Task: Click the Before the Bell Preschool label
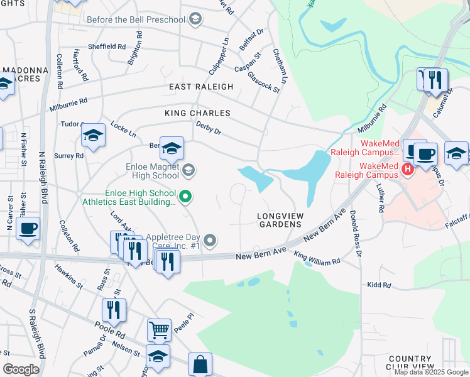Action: [136, 19]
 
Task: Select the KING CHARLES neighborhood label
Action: [197, 113]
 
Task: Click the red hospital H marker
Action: [407, 168]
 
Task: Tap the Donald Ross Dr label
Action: [356, 234]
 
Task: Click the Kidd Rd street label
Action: [379, 285]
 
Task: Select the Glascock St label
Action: [263, 82]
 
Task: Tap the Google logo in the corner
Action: [21, 369]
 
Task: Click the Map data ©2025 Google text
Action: [431, 372]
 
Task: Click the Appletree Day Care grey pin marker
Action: [211, 240]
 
